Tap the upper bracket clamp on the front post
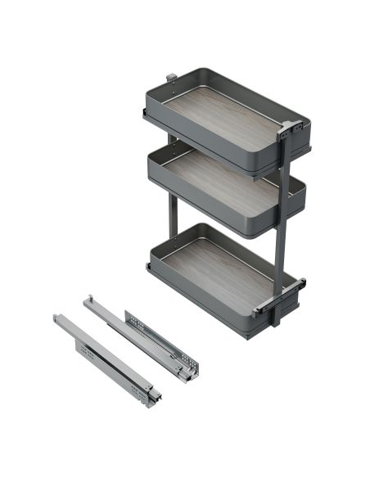(x=288, y=130)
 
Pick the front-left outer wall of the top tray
(x=205, y=138)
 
